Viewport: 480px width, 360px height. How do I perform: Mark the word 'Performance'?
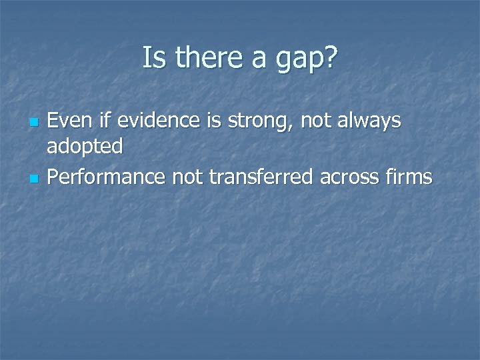click(109, 177)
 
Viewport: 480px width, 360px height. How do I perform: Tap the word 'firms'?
click(411, 177)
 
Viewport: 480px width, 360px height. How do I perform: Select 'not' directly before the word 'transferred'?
click(187, 177)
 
